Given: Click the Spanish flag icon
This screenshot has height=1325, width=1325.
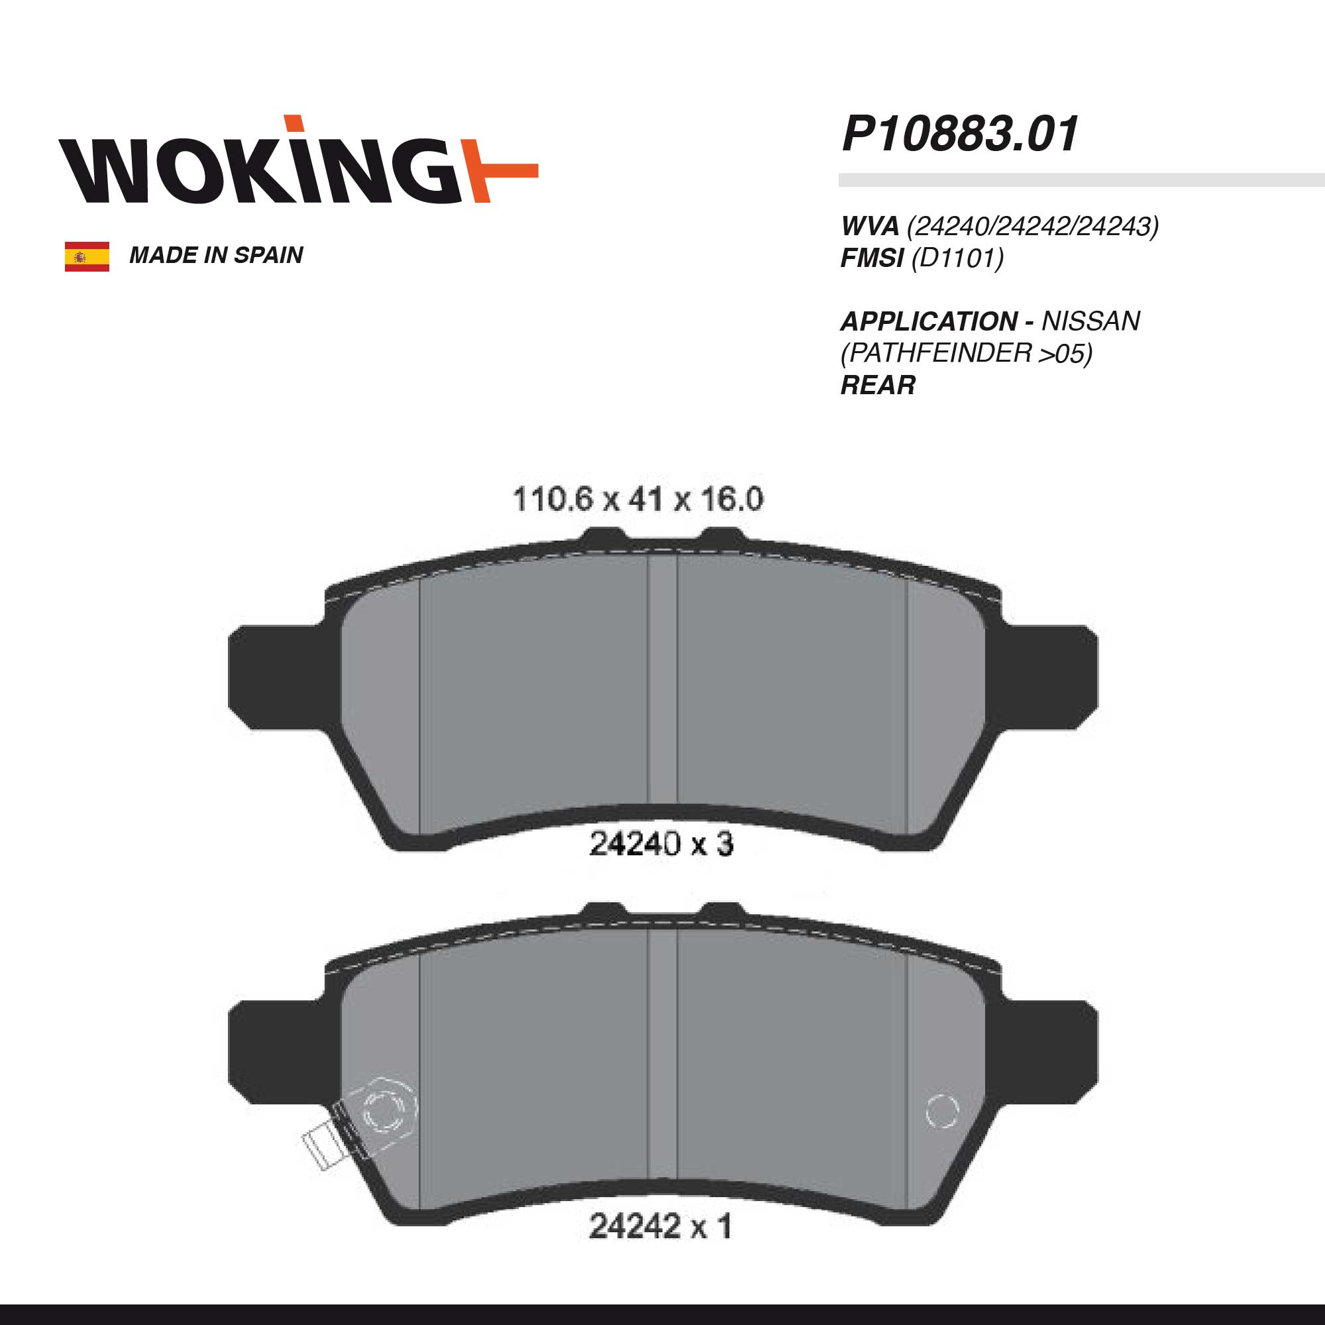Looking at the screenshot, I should click(87, 256).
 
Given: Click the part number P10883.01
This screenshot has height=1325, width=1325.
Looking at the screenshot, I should click(960, 134).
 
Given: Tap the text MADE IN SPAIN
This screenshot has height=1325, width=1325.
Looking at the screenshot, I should click(216, 256).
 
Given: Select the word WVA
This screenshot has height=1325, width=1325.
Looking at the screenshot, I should click(870, 227).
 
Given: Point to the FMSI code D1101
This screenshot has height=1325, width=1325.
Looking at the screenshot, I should click(957, 258).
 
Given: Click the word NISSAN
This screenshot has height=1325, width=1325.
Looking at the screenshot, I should click(1090, 321).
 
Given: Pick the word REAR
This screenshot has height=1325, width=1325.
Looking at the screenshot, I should click(878, 386).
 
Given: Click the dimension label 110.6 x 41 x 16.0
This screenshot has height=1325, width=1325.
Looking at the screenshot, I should click(638, 500).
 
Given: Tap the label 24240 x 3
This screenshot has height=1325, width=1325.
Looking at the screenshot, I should click(661, 844).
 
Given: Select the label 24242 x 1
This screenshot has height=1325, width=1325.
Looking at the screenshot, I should click(661, 1226).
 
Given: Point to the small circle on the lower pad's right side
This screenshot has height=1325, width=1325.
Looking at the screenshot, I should click(941, 1111).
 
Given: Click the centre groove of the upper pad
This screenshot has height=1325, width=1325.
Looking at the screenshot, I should click(662, 686).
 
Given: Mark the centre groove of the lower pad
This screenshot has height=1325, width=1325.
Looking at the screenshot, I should click(662, 1056).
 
